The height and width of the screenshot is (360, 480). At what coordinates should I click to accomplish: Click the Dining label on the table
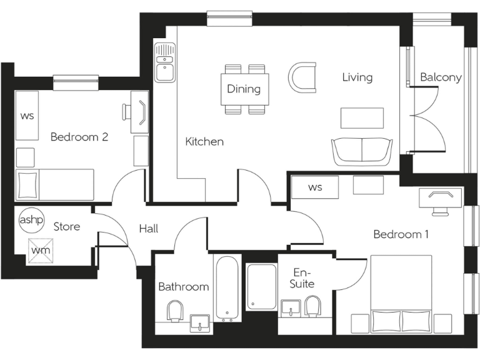pos(244,89)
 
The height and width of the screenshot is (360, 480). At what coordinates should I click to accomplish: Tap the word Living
pos(357,77)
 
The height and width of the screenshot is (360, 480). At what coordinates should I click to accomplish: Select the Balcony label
pos(441,77)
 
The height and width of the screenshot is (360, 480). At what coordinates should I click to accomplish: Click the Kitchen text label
pos(204,142)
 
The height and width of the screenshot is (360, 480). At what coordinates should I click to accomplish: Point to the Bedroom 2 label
pos(79,137)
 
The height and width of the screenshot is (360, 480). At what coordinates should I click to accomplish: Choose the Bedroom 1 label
pos(401,234)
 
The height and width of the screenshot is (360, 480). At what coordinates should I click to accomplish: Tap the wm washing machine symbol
pos(40,251)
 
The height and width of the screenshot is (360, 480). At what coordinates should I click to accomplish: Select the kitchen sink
pos(165,62)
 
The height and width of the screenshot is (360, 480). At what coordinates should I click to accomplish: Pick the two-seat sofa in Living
pos(362,151)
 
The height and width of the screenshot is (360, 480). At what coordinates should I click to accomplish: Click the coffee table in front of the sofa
pos(362,117)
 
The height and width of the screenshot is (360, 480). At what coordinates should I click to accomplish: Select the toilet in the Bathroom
pos(175,310)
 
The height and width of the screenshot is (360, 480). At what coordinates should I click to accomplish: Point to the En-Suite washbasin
pos(291,307)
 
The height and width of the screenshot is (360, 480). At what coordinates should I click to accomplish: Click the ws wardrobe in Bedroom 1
pos(314,187)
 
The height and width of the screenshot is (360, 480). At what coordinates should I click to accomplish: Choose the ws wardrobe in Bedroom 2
pos(27,116)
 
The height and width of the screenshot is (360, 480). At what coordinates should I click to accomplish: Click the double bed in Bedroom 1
pos(401,294)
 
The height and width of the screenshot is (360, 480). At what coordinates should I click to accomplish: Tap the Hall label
pos(149,229)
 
